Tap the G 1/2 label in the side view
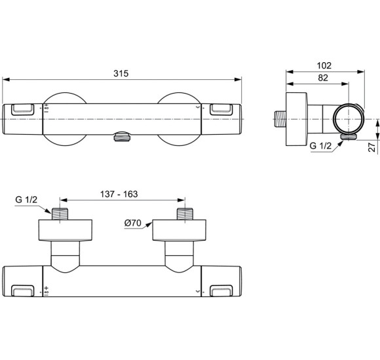click(x=321, y=146)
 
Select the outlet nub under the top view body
click(x=121, y=137)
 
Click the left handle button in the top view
click(x=24, y=110)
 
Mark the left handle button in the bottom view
click(x=24, y=289)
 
